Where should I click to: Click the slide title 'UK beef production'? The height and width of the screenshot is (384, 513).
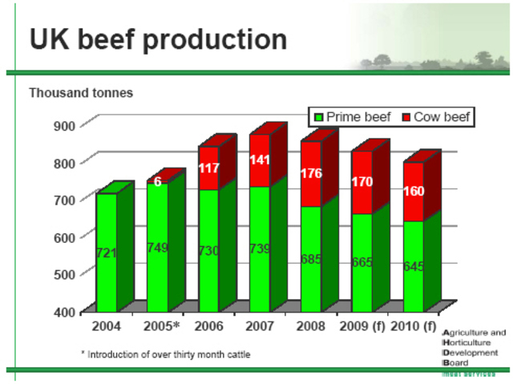pyautogui.click(x=158, y=39)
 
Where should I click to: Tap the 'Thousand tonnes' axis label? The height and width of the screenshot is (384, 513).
pyautogui.click(x=81, y=93)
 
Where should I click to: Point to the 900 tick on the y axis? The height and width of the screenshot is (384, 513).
pyautogui.click(x=63, y=125)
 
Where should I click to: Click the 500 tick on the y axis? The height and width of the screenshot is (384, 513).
pyautogui.click(x=63, y=273)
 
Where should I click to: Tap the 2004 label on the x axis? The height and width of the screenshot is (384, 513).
pyautogui.click(x=106, y=327)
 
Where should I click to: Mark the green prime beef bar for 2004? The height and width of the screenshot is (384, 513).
pyautogui.click(x=106, y=253)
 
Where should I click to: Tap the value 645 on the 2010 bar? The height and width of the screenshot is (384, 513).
pyautogui.click(x=413, y=265)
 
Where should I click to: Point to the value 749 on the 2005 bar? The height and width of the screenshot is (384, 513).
pyautogui.click(x=157, y=247)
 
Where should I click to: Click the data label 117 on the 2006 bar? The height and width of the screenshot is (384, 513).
pyautogui.click(x=208, y=168)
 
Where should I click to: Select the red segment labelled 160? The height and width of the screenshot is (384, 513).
pyautogui.click(x=413, y=192)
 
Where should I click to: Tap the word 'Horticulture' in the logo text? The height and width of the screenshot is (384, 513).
pyautogui.click(x=475, y=342)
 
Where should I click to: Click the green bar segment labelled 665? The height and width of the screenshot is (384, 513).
pyautogui.click(x=362, y=261)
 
